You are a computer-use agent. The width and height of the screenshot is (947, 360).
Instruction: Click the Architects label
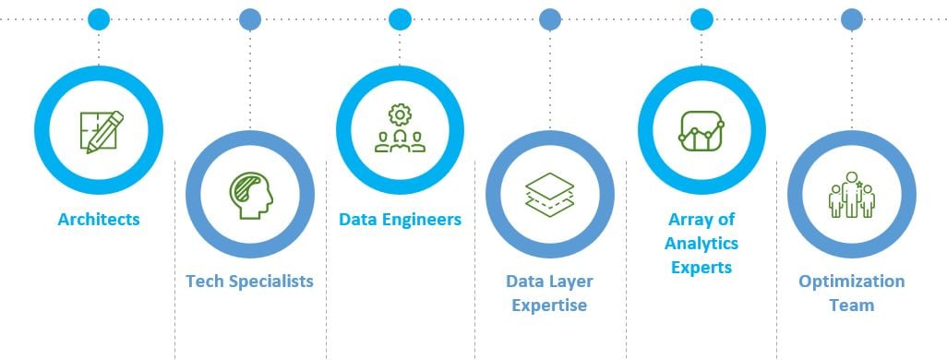[99, 220]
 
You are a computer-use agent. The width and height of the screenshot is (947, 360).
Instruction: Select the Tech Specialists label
[249, 281]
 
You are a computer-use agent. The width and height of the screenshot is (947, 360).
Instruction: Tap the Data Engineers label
[400, 220]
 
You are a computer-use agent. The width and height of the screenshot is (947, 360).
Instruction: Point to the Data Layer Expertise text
[549, 293]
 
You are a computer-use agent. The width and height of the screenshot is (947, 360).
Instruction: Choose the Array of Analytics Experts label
[701, 244]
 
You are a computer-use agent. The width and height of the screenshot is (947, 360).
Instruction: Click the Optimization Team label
[851, 293]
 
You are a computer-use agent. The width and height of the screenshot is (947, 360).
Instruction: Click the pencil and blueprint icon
[99, 130]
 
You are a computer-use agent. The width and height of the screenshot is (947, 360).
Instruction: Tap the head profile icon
[250, 194]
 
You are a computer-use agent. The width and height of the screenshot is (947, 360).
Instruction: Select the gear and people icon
[400, 129]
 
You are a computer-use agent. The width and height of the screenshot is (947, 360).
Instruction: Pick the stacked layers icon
[549, 194]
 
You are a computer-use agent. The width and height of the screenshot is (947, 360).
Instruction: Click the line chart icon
[701, 130]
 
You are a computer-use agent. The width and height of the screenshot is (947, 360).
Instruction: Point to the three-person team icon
[851, 195]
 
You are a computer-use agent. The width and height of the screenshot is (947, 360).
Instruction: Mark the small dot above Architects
[99, 18]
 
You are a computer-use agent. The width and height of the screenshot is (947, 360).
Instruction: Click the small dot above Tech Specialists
[249, 18]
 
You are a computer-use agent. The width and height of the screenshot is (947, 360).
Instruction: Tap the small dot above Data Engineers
[400, 18]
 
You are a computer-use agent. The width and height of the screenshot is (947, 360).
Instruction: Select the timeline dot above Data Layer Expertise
[550, 18]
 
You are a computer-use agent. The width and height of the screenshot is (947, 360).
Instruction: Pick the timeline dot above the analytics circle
[701, 18]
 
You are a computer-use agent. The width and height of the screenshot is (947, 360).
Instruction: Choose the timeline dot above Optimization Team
[852, 18]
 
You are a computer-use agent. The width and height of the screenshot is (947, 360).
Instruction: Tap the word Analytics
[701, 244]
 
